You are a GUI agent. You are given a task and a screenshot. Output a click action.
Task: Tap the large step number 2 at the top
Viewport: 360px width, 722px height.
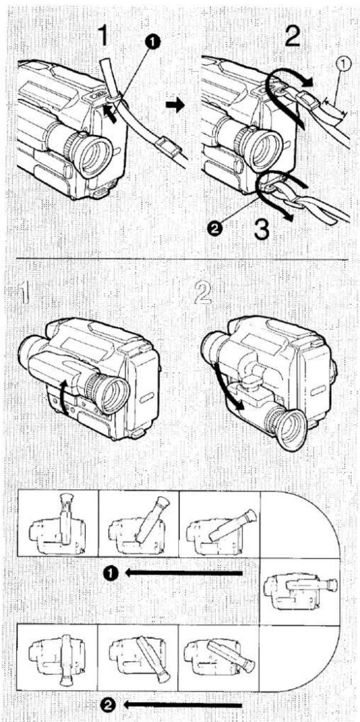pos(292,37)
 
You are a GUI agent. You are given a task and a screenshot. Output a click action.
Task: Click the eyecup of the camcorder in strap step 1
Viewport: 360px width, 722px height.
pos(95,155)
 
